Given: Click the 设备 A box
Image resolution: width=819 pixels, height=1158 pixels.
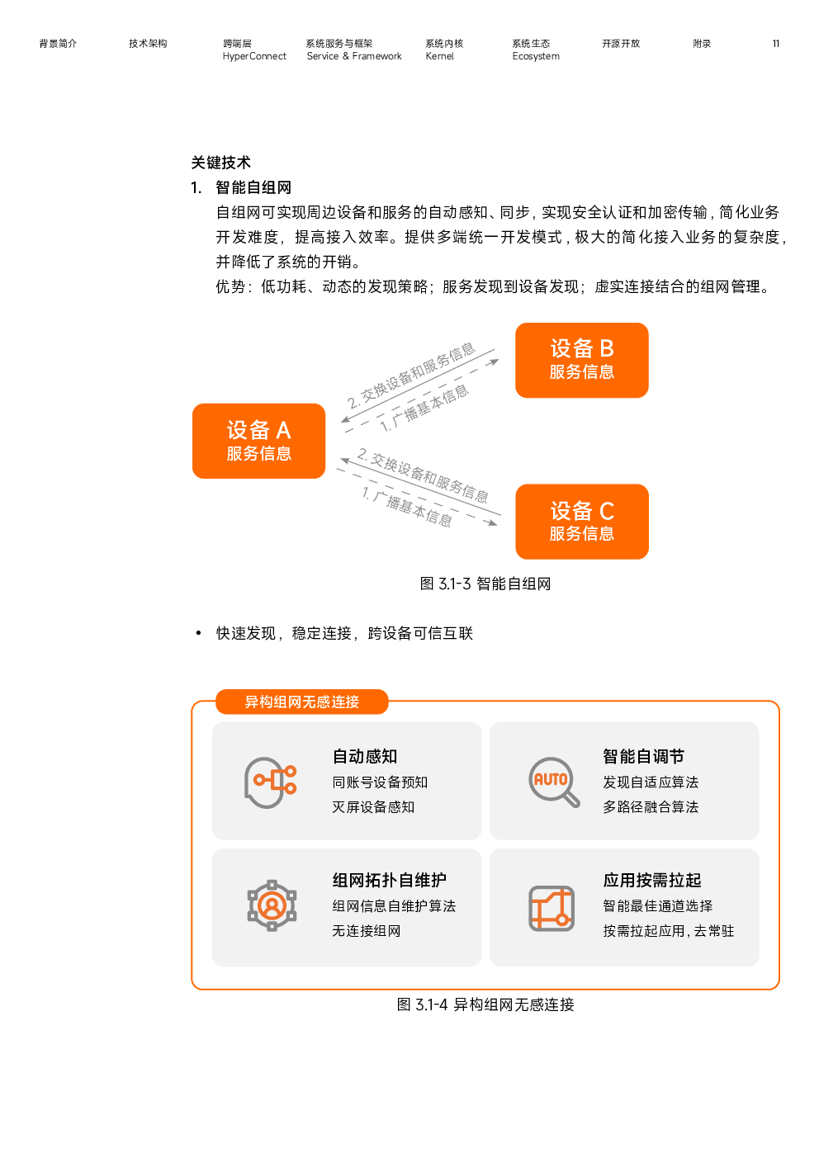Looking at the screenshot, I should [x=258, y=441].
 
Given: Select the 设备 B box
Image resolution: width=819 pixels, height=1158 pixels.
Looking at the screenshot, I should [x=581, y=360].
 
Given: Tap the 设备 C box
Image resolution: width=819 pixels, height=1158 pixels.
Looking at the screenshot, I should [x=581, y=522].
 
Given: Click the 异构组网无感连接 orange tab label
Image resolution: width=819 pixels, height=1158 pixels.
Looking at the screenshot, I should [x=301, y=702].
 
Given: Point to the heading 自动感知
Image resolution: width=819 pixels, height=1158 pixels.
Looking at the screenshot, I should [x=365, y=756].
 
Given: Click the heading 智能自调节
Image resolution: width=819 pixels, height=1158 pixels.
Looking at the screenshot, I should [x=643, y=756].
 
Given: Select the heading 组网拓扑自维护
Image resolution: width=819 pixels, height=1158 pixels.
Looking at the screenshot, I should [x=389, y=880].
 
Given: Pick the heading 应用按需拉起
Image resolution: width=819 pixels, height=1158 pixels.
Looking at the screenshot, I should [x=651, y=880].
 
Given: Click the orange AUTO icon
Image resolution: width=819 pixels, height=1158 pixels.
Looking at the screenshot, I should [x=551, y=780].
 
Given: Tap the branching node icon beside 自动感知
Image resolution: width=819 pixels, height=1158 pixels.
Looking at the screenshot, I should [x=275, y=780].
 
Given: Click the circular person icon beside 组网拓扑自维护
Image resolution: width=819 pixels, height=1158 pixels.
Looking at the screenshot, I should [x=272, y=905].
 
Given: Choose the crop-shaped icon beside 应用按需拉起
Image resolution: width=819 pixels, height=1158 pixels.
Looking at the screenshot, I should [x=552, y=908].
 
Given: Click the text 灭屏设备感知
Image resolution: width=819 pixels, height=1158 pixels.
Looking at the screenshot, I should [x=373, y=807].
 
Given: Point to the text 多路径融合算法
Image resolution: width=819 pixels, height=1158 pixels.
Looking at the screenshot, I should [x=651, y=807].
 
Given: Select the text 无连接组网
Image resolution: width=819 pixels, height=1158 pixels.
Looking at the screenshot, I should [x=366, y=931].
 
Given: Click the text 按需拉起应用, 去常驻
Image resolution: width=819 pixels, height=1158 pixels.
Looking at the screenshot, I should [x=668, y=931].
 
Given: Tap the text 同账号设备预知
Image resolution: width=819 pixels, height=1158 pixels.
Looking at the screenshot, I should [x=380, y=782].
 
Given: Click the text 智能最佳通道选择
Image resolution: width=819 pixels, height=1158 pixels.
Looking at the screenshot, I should [x=657, y=906].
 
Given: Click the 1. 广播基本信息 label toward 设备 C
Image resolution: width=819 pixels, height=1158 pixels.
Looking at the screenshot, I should [x=407, y=507].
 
